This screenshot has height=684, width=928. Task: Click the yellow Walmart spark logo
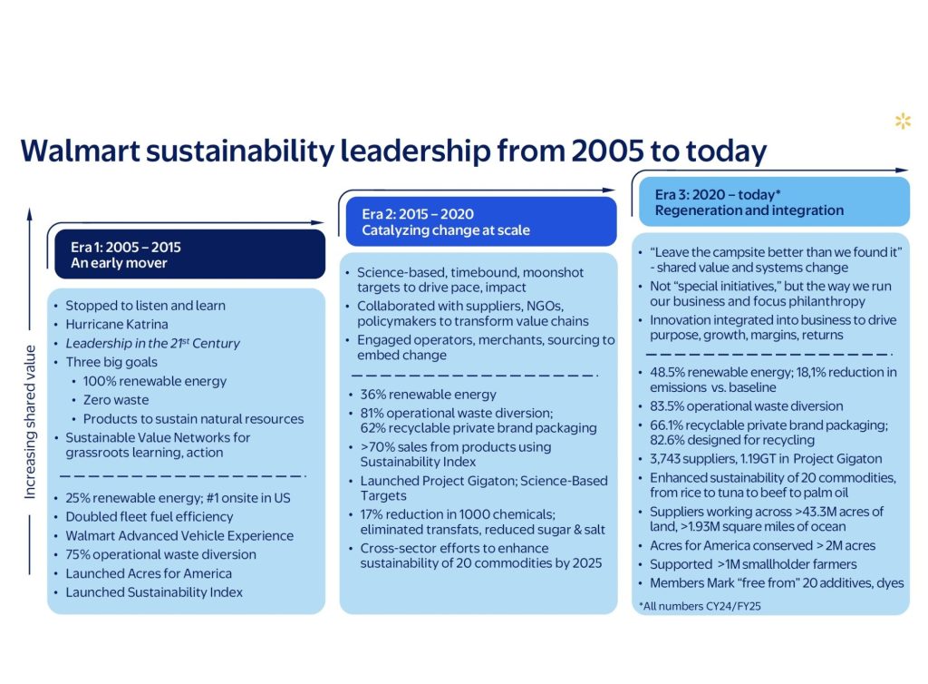tap(903, 121)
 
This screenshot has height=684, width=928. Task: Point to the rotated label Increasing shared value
tap(30, 421)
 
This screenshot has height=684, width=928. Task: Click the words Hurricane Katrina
tap(116, 324)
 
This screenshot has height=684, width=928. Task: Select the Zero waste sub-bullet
tap(115, 400)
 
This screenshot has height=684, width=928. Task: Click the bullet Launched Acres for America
tap(148, 573)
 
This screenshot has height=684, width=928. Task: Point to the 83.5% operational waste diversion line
tap(746, 406)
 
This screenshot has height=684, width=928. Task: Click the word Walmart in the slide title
tap(88, 150)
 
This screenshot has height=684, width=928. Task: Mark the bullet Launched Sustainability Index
tap(153, 592)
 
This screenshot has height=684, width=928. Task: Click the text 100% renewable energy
tap(154, 381)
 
